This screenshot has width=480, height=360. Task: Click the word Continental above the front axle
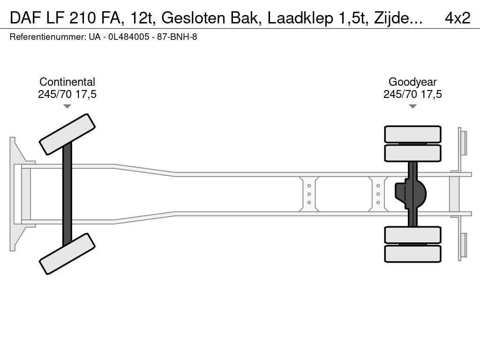67,82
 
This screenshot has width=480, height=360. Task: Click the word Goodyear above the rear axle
412,82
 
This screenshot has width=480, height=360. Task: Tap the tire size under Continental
67,94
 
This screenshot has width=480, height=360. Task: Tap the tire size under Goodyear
412,94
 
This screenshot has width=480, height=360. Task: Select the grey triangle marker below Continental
67,106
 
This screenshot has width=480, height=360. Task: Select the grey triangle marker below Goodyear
412,106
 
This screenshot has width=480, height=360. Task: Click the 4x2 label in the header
457,18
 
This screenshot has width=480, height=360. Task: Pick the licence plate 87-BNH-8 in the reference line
177,37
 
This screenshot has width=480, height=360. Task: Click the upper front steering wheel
67,134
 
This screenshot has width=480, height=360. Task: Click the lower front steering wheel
67,254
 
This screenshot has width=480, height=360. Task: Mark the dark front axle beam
67,194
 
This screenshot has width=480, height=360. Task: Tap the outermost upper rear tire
412,134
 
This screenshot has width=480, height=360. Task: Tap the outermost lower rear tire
412,254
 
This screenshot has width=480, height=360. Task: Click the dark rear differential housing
411,194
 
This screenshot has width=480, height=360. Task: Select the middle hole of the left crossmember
309,194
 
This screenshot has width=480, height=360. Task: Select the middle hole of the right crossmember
378,194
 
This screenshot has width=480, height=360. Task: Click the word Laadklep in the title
300,18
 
